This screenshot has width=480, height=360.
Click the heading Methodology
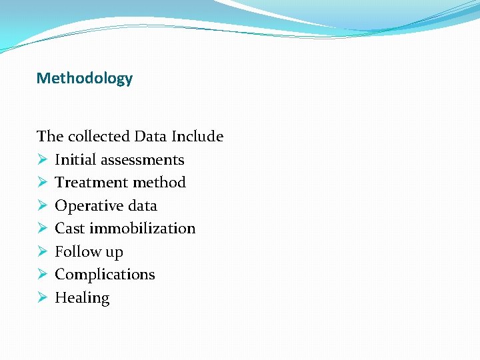(85, 79)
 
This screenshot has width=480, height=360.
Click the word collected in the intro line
(98, 137)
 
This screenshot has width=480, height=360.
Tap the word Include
(197, 137)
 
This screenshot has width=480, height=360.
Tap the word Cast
(69, 229)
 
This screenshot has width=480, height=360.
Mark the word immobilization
(142, 229)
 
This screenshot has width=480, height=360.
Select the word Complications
(105, 275)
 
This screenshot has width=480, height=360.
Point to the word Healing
(82, 298)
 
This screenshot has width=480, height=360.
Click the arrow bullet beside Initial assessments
(41, 160)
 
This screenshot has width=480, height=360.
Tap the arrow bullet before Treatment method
(41, 183)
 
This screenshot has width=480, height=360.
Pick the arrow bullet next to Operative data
(41, 206)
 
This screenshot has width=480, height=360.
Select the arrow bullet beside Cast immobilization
(41, 229)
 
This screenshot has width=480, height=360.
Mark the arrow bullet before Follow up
(41, 252)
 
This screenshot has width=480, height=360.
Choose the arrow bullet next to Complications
(41, 275)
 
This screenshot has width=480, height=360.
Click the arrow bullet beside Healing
(41, 298)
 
